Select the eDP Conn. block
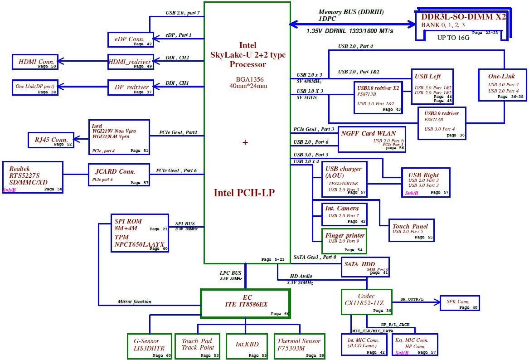[x=131, y=39]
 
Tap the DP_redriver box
[x=131, y=87]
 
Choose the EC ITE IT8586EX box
[x=245, y=303]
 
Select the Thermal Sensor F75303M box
[x=299, y=346]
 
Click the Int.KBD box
[x=247, y=346]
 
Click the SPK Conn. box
[x=459, y=303]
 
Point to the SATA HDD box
[x=365, y=267]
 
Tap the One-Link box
[x=502, y=84]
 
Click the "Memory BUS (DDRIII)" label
[x=351, y=13]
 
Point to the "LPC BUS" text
[x=230, y=273]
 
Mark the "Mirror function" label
[x=134, y=302]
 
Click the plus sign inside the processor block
[x=245, y=142]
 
